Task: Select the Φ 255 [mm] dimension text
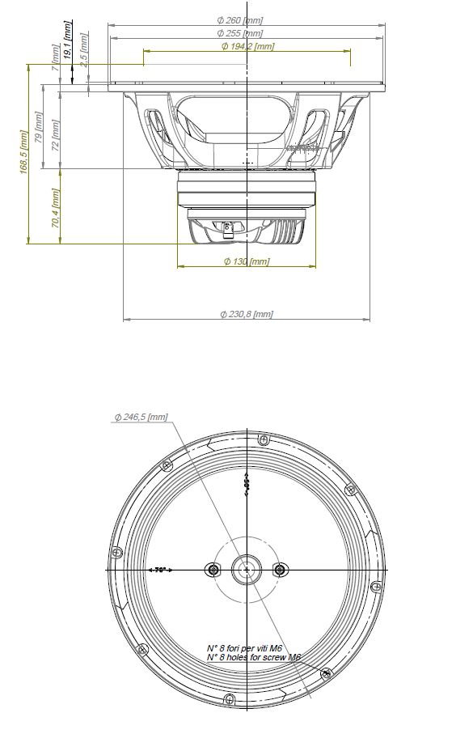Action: click(x=240, y=33)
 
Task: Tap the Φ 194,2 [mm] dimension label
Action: click(x=247, y=46)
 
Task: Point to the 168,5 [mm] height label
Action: click(x=24, y=154)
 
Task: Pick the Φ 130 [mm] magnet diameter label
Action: click(x=247, y=261)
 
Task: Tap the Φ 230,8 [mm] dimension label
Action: click(x=247, y=314)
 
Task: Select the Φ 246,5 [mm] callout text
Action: click(x=141, y=417)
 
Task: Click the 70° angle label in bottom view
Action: click(x=160, y=570)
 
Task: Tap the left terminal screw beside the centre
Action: click(x=213, y=569)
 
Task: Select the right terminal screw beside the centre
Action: click(x=280, y=569)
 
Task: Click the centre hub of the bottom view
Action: click(x=246, y=569)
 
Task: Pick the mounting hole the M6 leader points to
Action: click(x=326, y=673)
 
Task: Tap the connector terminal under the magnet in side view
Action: click(x=230, y=229)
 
